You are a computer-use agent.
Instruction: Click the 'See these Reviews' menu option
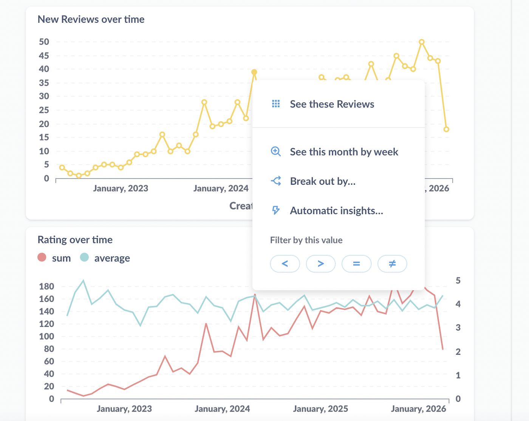tap(332, 104)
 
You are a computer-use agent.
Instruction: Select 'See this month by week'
tap(343, 152)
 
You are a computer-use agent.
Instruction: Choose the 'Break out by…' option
tap(322, 181)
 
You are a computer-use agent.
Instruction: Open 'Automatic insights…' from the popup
tap(336, 211)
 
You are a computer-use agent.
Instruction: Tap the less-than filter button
tap(285, 264)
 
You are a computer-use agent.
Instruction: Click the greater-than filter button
tap(320, 264)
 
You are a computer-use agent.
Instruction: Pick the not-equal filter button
tap(392, 264)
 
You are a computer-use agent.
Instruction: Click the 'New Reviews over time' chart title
tap(91, 19)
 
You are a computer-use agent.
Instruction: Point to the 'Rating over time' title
tap(75, 240)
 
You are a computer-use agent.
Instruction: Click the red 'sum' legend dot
tap(42, 258)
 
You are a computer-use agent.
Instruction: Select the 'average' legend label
tap(112, 258)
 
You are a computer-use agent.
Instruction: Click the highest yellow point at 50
tap(422, 42)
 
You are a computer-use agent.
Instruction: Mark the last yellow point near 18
tap(446, 129)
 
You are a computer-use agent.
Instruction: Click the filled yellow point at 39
tap(254, 72)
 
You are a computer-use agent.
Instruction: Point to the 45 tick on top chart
tap(44, 56)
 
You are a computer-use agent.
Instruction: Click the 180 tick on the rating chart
tap(46, 286)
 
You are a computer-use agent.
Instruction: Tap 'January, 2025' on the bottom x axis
tap(320, 409)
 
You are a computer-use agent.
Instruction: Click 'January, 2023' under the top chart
tap(121, 188)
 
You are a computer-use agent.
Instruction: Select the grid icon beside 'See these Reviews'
tap(276, 104)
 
